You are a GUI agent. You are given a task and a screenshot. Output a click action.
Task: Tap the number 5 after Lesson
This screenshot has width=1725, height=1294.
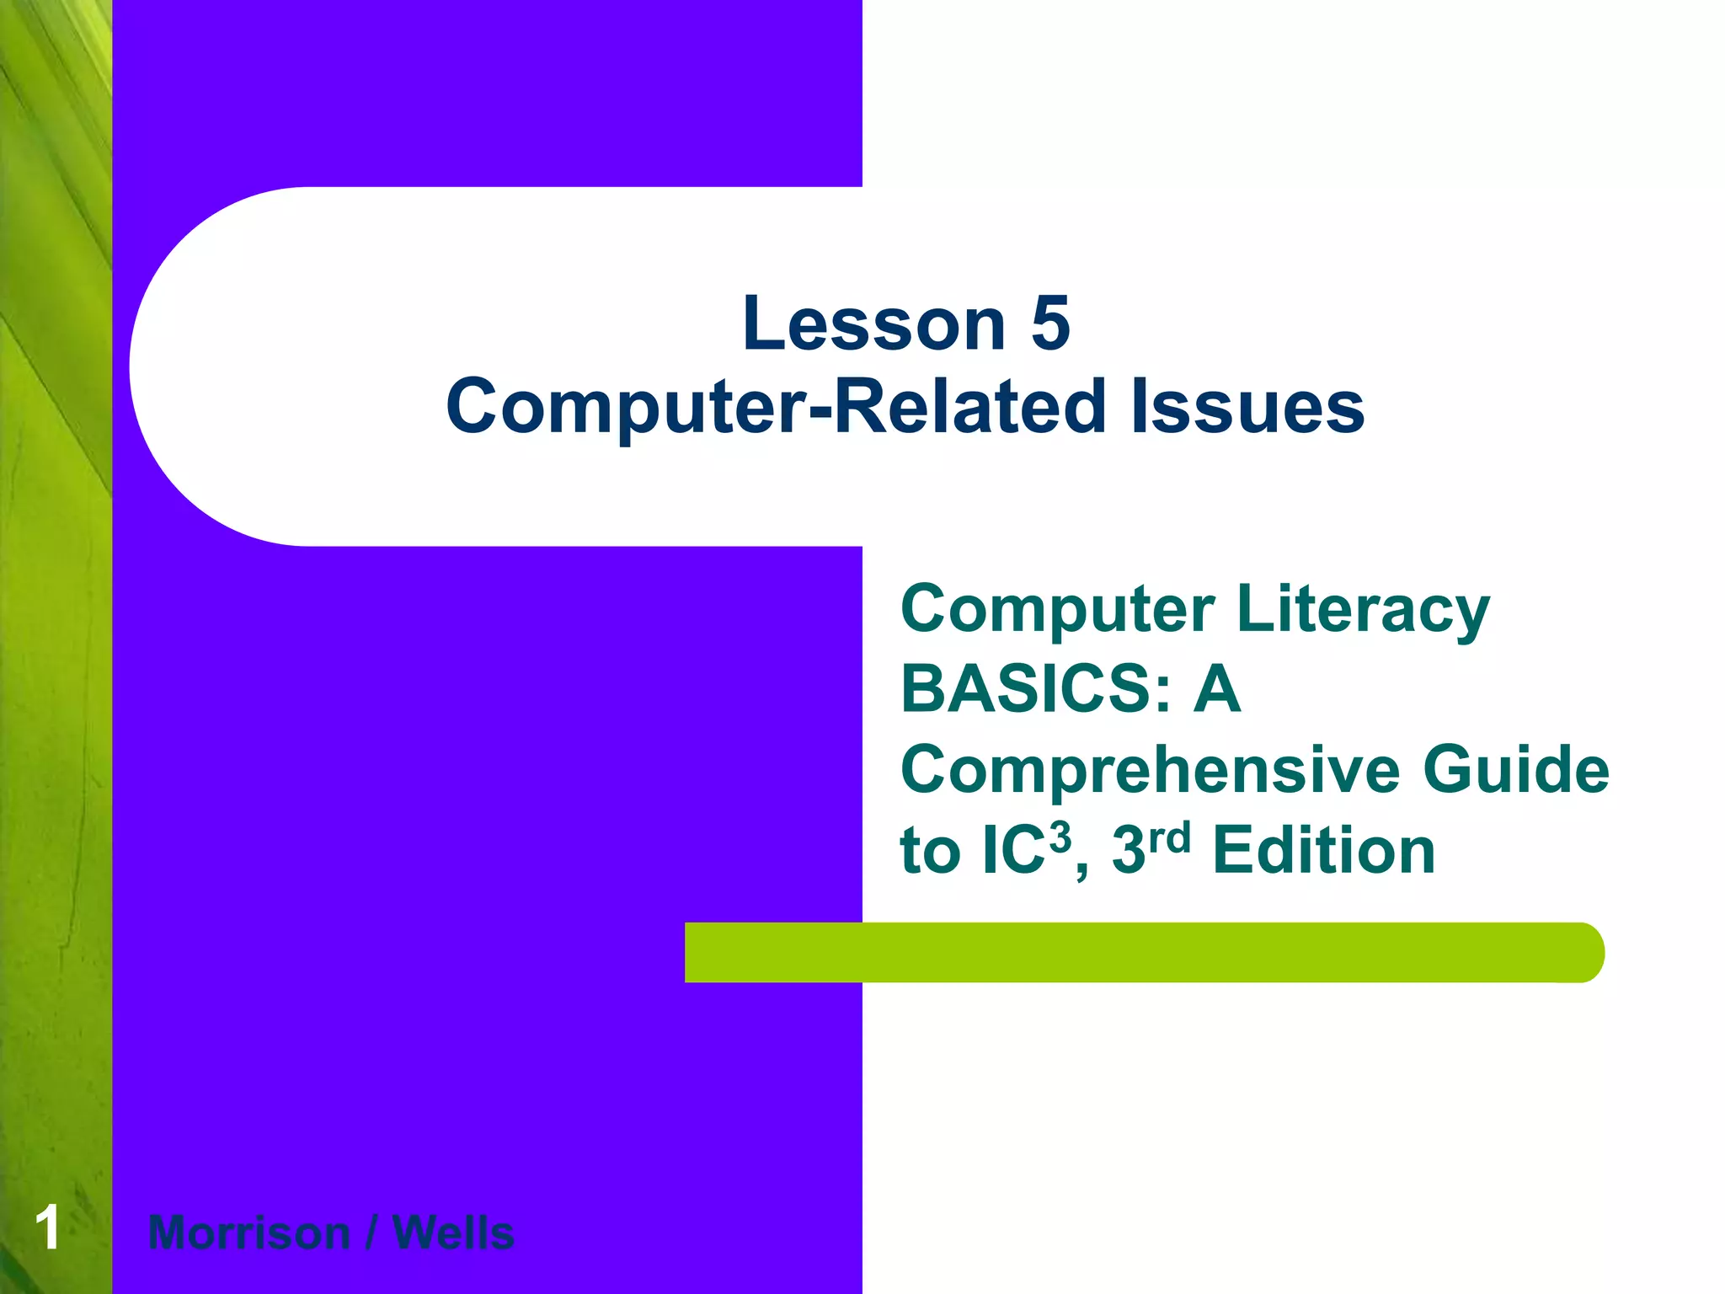coord(1050,324)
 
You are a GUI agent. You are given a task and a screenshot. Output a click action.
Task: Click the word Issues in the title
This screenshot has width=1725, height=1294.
coord(1247,407)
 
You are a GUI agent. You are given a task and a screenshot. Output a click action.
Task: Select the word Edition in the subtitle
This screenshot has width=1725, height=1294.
coord(1323,851)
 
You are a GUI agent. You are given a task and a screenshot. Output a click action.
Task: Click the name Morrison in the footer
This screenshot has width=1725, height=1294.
coord(249,1233)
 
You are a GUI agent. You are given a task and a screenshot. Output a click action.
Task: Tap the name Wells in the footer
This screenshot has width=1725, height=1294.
coord(453,1233)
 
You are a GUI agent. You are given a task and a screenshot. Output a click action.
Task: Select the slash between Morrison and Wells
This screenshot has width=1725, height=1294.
coord(371,1233)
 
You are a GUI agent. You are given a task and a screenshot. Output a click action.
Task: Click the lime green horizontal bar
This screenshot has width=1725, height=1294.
coord(1137,953)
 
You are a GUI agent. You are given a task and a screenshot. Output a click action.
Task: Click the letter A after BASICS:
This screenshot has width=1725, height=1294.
coord(1217,689)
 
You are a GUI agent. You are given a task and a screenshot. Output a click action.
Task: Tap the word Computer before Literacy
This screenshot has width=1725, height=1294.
coord(1058,609)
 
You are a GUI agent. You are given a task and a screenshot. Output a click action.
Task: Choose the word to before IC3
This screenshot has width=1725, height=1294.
coord(930,851)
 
